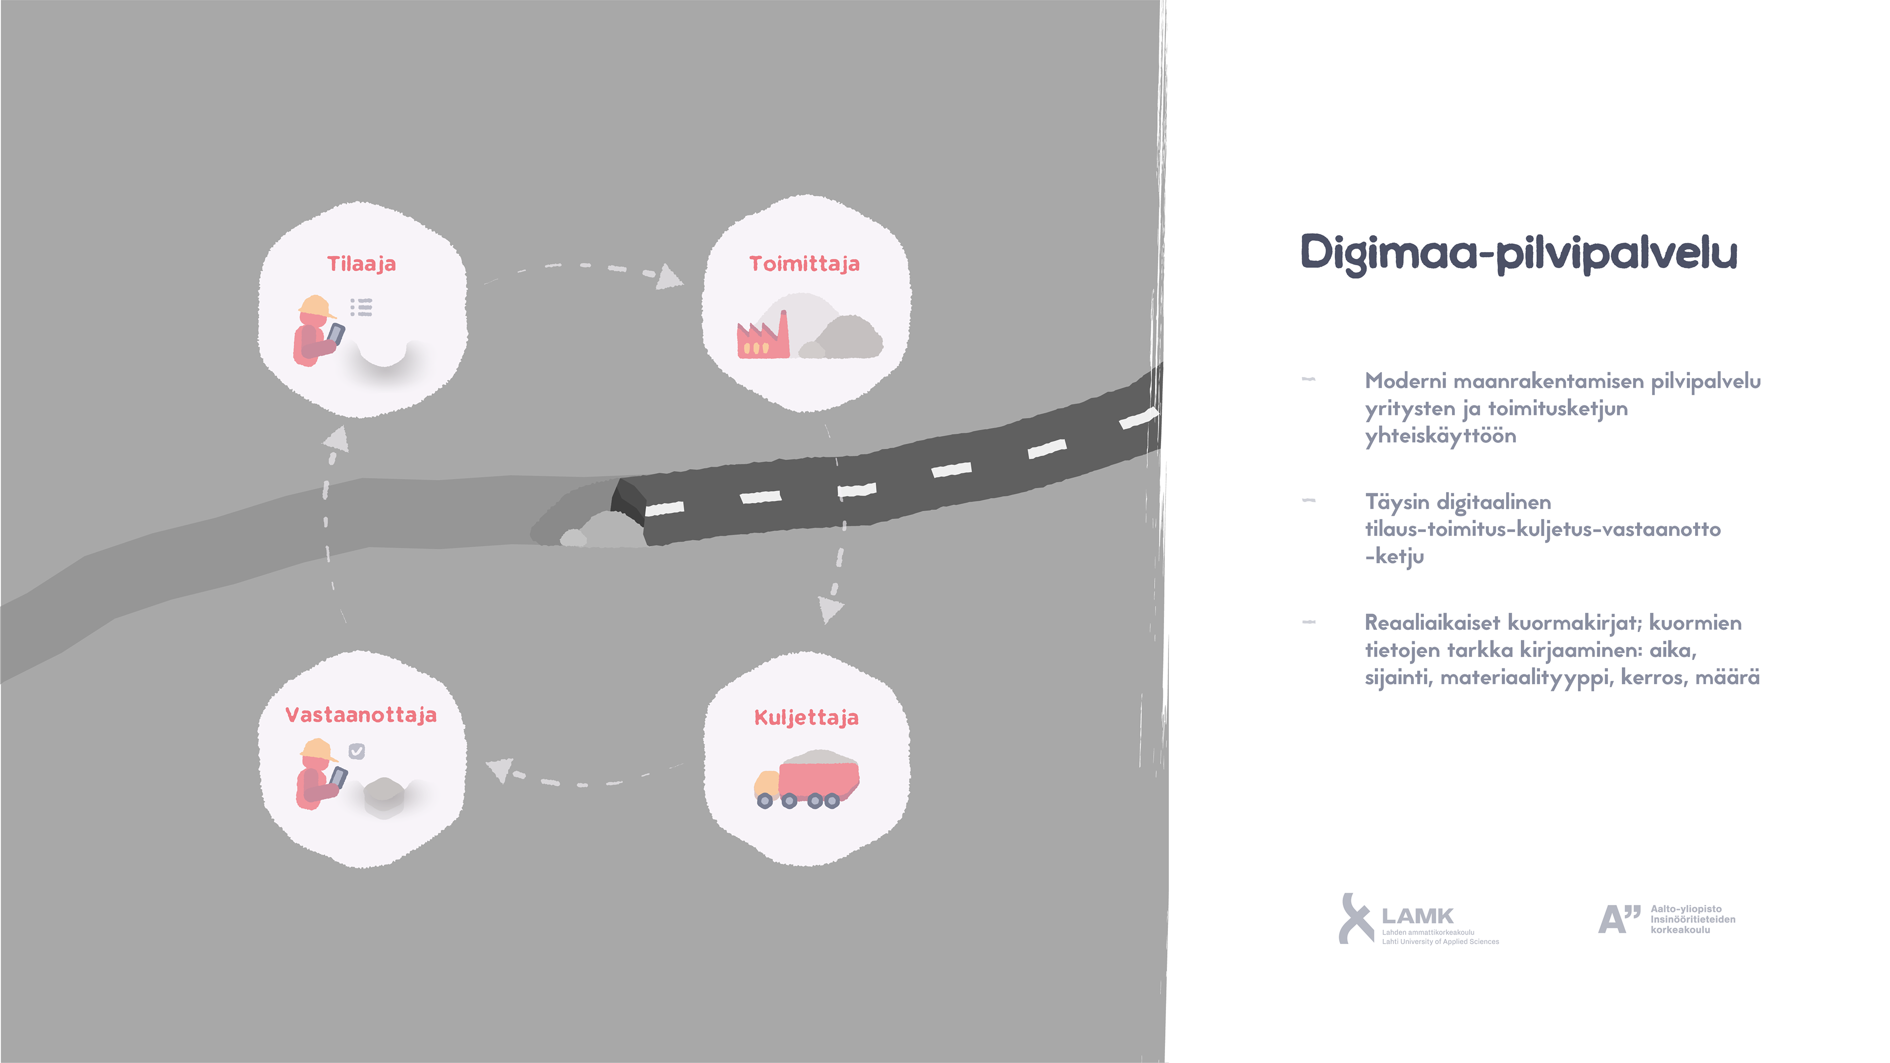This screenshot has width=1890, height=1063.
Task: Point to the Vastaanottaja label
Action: click(361, 715)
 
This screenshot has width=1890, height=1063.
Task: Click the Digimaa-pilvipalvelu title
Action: click(1519, 253)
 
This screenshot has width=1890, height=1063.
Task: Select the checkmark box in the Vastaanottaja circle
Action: click(356, 750)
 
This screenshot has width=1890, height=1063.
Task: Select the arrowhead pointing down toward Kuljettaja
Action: click(830, 608)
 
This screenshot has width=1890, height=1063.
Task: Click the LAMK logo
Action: click(1416, 918)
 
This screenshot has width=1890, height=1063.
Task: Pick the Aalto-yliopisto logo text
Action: click(1692, 919)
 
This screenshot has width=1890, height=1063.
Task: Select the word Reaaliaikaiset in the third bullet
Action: click(1431, 623)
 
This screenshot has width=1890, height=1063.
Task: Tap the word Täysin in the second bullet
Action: click(1397, 502)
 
